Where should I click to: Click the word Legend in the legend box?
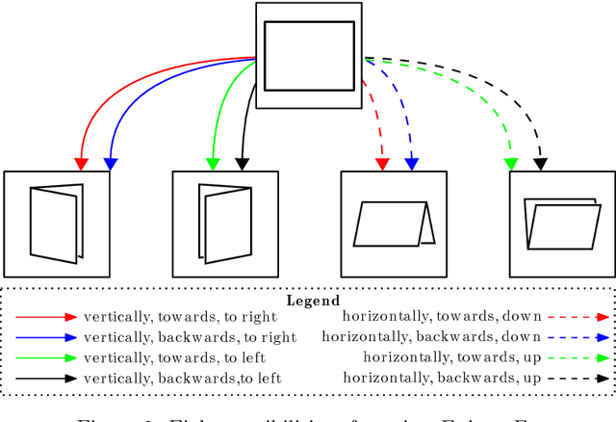(313, 301)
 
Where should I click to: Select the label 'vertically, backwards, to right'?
(190, 337)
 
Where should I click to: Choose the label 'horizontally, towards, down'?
(442, 317)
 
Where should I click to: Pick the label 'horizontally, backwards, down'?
(431, 337)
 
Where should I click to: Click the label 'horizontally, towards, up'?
(452, 357)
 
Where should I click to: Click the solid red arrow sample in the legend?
(44, 317)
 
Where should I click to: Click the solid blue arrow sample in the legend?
(44, 337)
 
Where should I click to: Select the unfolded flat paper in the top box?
(309, 56)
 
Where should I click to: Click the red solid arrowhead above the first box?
(81, 163)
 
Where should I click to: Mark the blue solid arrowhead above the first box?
(110, 163)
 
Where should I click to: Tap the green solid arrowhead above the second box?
(213, 163)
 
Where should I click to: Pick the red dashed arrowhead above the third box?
(382, 163)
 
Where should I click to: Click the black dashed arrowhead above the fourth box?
(541, 163)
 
